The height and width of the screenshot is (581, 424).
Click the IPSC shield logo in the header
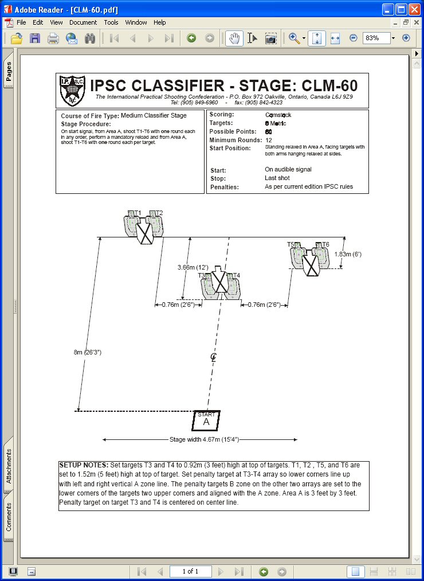click(x=73, y=91)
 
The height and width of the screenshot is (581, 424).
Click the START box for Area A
click(x=206, y=420)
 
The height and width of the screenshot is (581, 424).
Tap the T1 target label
click(x=138, y=213)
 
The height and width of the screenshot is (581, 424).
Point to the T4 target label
click(x=237, y=276)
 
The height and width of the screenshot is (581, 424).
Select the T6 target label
click(x=325, y=245)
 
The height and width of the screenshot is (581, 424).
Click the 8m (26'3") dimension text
click(x=88, y=352)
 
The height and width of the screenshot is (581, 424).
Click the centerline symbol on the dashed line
click(x=213, y=357)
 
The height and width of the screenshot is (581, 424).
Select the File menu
click(x=21, y=22)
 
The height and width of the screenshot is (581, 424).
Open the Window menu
click(x=136, y=22)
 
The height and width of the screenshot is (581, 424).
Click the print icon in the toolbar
click(x=53, y=38)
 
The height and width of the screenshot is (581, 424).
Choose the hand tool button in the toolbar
click(x=234, y=38)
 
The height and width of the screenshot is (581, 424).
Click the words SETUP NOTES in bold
click(x=84, y=465)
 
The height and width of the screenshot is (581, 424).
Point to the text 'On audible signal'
click(x=288, y=170)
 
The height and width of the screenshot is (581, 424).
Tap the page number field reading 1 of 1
click(x=190, y=571)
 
